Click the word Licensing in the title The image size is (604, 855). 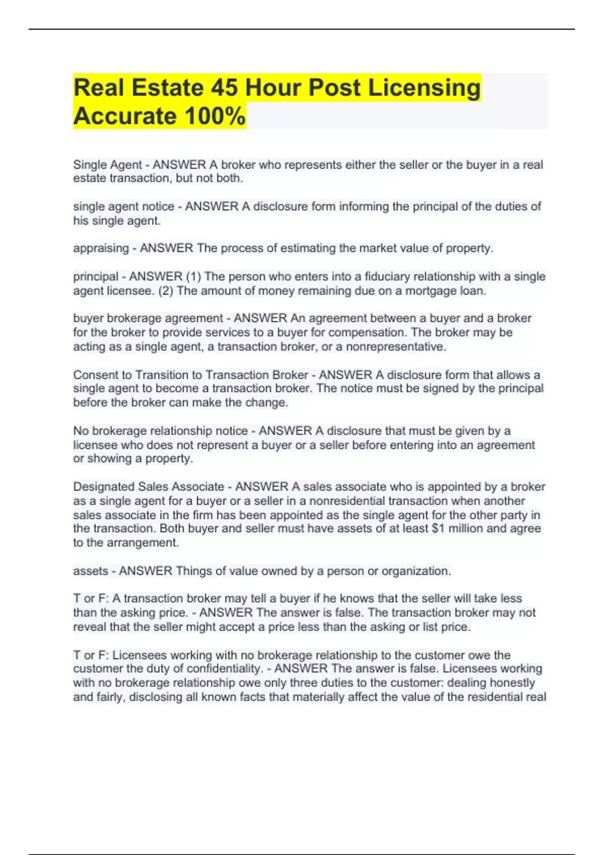(x=424, y=88)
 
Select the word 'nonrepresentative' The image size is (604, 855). (x=395, y=347)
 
